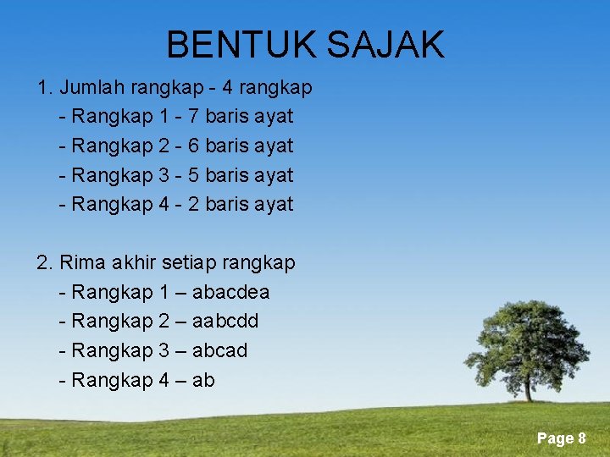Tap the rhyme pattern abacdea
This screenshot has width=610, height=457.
click(x=230, y=293)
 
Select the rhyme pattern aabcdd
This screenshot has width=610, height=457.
click(x=225, y=322)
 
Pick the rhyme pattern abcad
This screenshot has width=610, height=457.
click(x=220, y=350)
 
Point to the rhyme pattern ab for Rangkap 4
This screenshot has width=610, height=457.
click(x=203, y=380)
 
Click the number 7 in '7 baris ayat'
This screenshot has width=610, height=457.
click(x=193, y=116)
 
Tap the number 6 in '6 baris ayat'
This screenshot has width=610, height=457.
click(x=193, y=146)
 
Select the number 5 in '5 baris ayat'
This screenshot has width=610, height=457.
click(x=193, y=175)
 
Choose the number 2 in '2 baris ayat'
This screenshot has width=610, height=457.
click(x=193, y=204)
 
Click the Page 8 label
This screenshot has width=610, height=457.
click(x=561, y=438)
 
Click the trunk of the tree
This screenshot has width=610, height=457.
click(x=528, y=388)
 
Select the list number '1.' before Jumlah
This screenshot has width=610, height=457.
click(x=46, y=87)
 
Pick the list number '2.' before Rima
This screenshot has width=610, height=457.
click(x=46, y=263)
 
